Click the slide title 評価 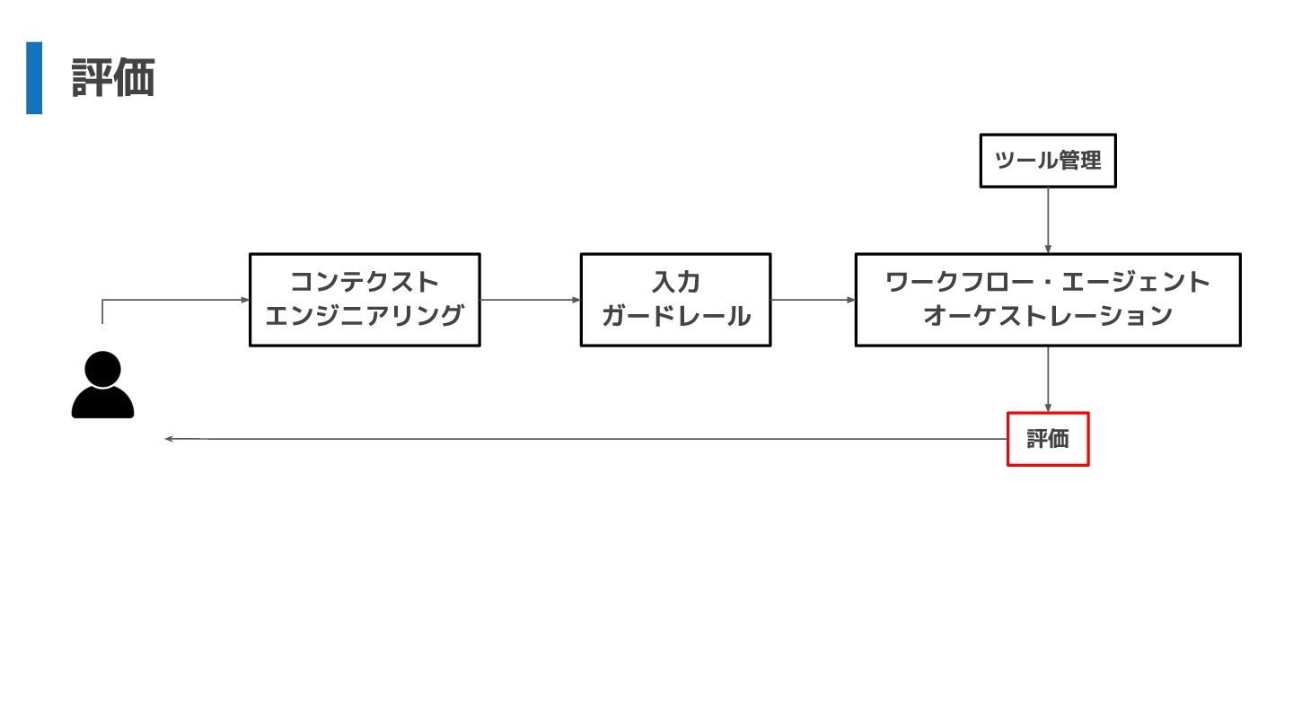113,78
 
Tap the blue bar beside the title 34,78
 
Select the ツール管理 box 1047,161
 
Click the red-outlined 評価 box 1048,439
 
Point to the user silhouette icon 102,386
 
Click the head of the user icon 102,368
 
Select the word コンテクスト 365,282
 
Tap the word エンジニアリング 365,316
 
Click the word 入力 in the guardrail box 675,282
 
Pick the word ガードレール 675,316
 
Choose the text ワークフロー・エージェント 1048,282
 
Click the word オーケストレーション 1048,316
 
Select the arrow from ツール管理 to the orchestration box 1048,220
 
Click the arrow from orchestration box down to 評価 1048,379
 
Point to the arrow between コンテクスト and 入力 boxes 530,300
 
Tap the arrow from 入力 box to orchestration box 813,300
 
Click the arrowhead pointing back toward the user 169,439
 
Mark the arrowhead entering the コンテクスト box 245,300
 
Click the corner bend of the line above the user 102,300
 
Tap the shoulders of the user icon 102,405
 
